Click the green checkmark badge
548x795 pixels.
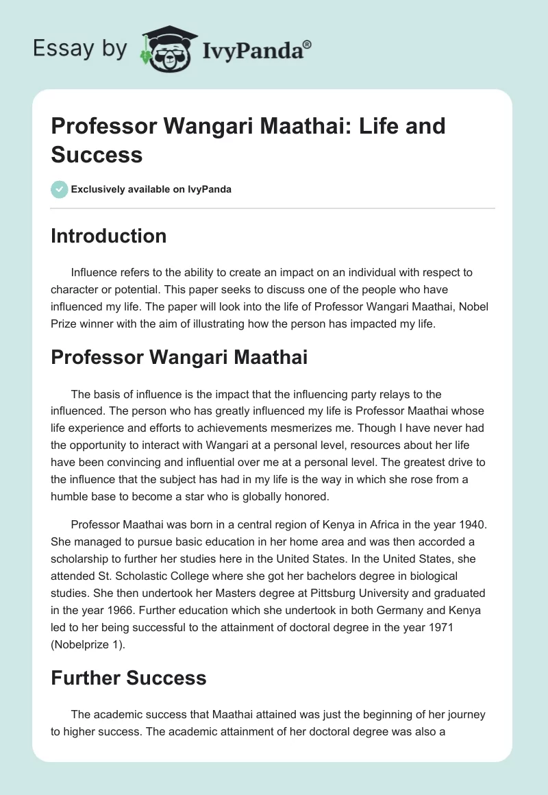60,189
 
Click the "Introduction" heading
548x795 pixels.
108,236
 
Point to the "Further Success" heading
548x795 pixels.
128,678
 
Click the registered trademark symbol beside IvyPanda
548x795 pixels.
308,44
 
